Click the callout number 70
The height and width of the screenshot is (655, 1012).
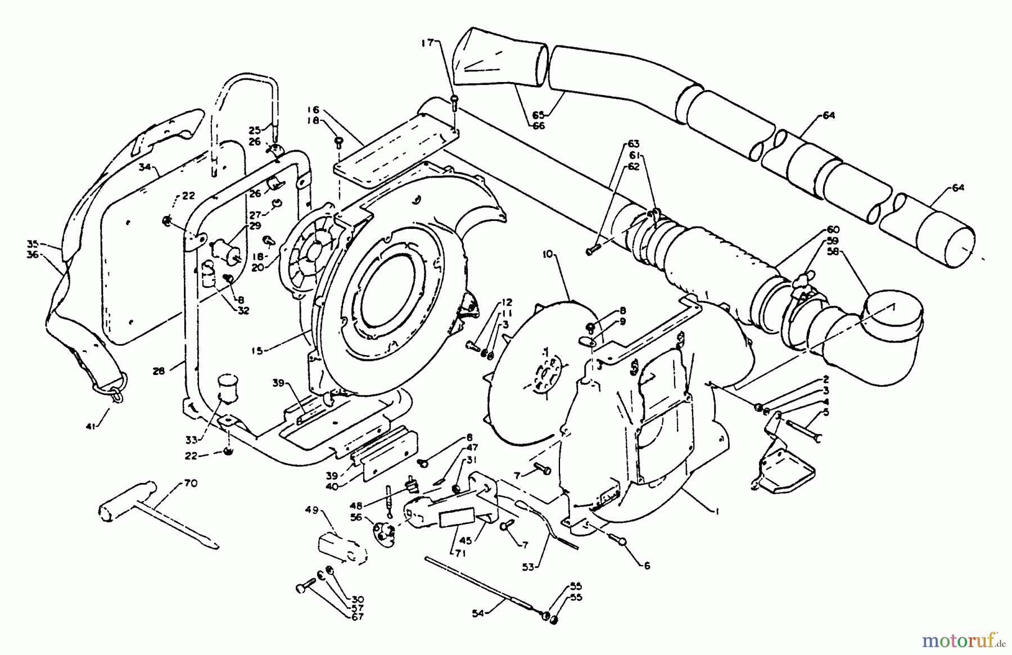pos(190,483)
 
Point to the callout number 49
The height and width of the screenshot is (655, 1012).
pos(327,510)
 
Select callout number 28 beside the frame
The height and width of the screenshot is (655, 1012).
pos(160,371)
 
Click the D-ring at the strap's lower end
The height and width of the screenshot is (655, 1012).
pos(116,392)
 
